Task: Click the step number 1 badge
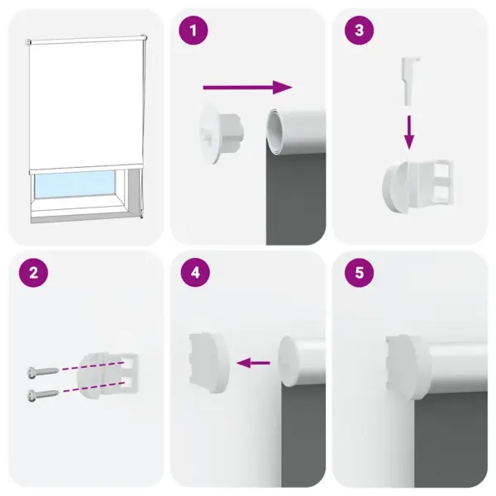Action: coord(193,31)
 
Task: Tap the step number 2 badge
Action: coord(32,274)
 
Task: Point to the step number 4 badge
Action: coord(193,274)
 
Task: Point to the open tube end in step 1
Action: coord(278,132)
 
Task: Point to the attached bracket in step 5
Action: coord(408,361)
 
